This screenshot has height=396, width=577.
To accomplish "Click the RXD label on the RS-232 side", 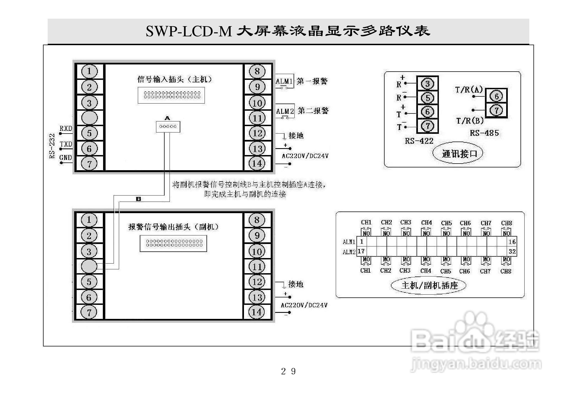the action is coord(66,128).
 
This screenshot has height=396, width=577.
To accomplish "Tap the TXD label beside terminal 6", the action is coord(66,144).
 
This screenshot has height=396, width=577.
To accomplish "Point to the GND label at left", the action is coord(66,158).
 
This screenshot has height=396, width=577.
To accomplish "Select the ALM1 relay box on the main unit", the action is coord(285,82).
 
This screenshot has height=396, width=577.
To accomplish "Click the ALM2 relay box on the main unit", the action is coord(285,111).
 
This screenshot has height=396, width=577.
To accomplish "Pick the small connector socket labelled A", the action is coord(168,127).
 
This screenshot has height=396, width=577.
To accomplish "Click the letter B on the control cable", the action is coord(139,199).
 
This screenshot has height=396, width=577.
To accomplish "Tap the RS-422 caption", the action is coord(419,141).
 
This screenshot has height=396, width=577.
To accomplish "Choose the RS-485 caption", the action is coord(484,133).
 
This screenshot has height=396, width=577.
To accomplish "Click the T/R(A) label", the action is coord(469,90).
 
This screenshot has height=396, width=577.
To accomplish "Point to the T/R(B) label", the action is coord(470,121).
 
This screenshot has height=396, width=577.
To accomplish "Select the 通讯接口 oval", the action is coord(458,153).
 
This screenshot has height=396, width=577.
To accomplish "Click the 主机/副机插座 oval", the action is coord(428,285).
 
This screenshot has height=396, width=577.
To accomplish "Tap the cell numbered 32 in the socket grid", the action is coord(512,251).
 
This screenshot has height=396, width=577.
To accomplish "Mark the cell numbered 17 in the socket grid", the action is coord(361,251).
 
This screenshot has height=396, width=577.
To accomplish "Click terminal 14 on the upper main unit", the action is coord(257,164).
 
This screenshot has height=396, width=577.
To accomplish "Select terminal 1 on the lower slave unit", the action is coord(89,220).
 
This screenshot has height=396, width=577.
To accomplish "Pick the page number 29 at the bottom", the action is coord(288,371).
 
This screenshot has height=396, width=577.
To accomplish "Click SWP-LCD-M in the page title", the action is coord(189,31).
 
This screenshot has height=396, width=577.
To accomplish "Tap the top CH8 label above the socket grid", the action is coord(506,223).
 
